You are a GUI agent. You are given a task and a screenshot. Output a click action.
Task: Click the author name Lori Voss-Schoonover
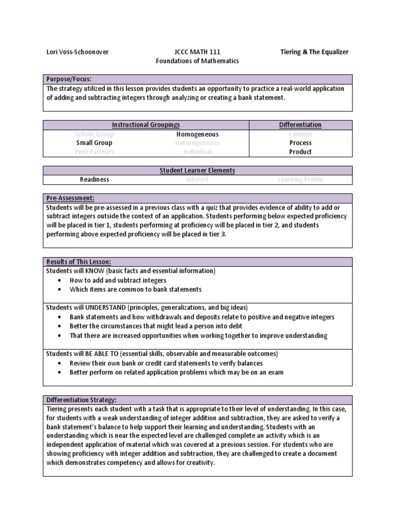coord(78,52)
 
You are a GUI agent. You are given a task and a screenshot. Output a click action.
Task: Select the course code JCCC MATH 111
coord(197,52)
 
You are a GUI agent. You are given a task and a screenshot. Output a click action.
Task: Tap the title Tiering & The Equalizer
coord(314,52)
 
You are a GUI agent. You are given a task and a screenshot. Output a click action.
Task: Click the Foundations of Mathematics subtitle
coord(197,61)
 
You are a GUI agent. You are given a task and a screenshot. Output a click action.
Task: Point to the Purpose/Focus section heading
coord(68,79)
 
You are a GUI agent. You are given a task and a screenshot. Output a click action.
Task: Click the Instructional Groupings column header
coord(146,125)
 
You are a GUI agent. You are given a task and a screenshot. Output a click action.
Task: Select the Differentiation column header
coord(300,125)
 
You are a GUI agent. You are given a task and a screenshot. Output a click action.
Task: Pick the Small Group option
coord(94,143)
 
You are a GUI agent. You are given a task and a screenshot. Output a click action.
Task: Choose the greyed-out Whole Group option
coord(94,134)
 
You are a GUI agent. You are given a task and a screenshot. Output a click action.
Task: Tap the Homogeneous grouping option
coord(197,134)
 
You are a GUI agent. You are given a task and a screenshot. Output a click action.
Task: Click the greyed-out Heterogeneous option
coord(197,143)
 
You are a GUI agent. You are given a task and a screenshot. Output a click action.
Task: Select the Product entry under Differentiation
coord(300,152)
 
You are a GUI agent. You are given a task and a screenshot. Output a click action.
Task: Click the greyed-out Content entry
coord(300,134)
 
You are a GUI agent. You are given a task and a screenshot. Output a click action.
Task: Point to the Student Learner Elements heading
coord(197,171)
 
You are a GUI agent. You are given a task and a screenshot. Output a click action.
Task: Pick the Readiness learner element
coord(94,180)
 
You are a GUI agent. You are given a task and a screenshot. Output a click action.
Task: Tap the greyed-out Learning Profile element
coord(300,180)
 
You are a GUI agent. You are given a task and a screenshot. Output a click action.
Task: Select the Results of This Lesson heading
coord(79,262)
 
